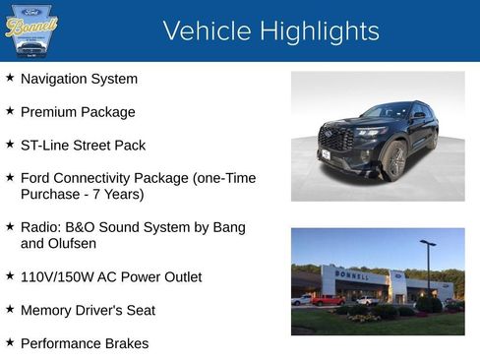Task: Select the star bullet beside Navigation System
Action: tap(10, 78)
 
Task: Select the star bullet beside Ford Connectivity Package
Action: tap(10, 178)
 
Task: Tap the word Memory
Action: tap(47, 311)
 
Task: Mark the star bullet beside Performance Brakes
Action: tap(10, 343)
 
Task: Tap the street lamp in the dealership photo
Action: tap(427, 266)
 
